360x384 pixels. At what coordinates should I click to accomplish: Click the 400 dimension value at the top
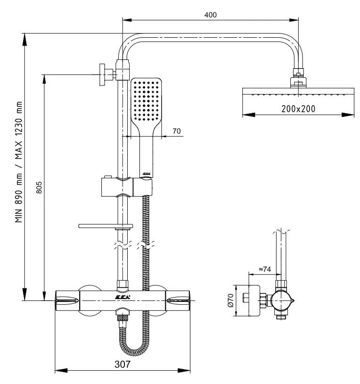[x=210, y=15]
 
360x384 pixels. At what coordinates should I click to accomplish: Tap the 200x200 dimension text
[x=298, y=108]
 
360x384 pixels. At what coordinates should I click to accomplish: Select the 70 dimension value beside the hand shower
[x=177, y=131]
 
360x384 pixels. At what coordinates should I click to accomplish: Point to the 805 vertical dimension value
[x=39, y=189]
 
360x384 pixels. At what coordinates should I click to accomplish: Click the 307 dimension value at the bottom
[x=121, y=364]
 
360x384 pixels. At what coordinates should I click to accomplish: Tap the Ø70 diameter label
[x=230, y=301]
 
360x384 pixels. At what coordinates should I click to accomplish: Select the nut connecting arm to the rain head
[x=298, y=75]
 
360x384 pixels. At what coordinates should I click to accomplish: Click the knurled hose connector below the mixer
[x=123, y=317]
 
